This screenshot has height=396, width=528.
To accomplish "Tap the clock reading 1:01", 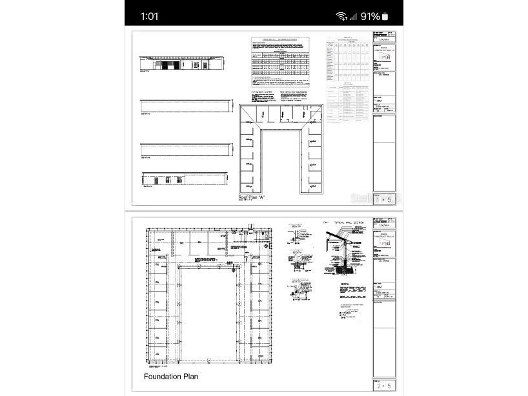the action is pyautogui.click(x=149, y=16).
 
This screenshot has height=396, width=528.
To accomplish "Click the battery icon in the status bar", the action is pyautogui.click(x=385, y=16).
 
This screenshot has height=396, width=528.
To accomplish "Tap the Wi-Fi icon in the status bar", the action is pyautogui.click(x=341, y=16).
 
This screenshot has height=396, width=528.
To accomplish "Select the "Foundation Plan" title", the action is pyautogui.click(x=170, y=377).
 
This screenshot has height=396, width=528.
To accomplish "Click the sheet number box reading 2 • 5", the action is pyautogui.click(x=385, y=386).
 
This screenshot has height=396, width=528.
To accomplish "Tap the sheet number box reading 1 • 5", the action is pyautogui.click(x=385, y=200).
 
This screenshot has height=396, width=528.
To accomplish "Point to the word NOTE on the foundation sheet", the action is pyautogui.click(x=346, y=284).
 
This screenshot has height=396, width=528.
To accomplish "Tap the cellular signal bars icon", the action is pyautogui.click(x=353, y=16).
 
